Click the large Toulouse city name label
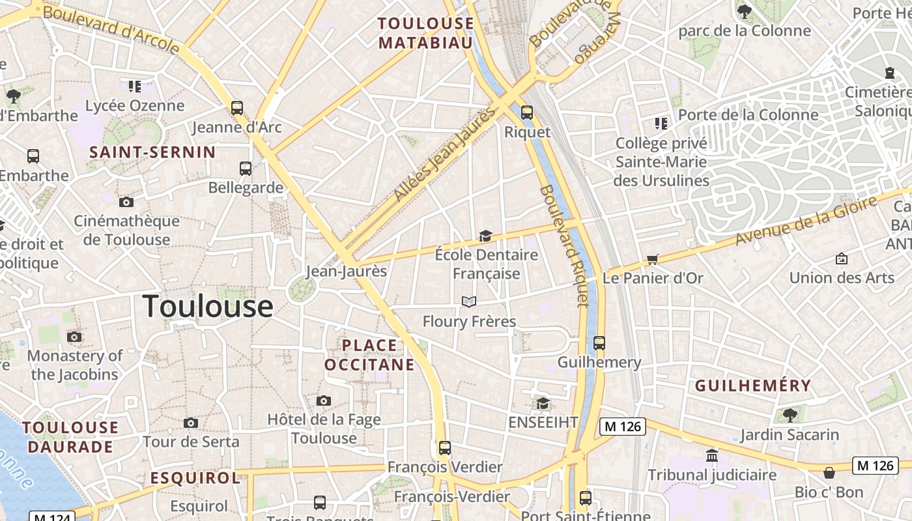pyautogui.click(x=208, y=307)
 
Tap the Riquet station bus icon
pyautogui.click(x=527, y=112)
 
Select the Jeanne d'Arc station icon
pyautogui.click(x=237, y=107)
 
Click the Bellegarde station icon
pyautogui.click(x=246, y=168)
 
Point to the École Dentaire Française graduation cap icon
pyautogui.click(x=485, y=236)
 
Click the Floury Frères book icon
pyautogui.click(x=469, y=302)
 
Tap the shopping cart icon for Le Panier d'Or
pyautogui.click(x=653, y=259)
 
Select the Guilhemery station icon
pyautogui.click(x=599, y=343)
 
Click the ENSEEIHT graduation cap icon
pyautogui.click(x=543, y=404)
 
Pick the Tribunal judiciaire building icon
pyautogui.click(x=712, y=455)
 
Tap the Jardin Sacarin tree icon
pyautogui.click(x=790, y=414)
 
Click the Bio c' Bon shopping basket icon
pyautogui.click(x=829, y=472)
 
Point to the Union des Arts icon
pyautogui.click(x=842, y=259)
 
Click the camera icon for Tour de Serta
pyautogui.click(x=191, y=423)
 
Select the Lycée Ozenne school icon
pyautogui.click(x=135, y=86)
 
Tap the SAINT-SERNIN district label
pyautogui.click(x=152, y=152)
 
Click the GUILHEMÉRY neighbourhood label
pyautogui.click(x=752, y=386)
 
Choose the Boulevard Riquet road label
pyautogui.click(x=565, y=246)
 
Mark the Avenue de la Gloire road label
pyautogui.click(x=806, y=221)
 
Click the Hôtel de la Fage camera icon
pyautogui.click(x=324, y=401)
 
